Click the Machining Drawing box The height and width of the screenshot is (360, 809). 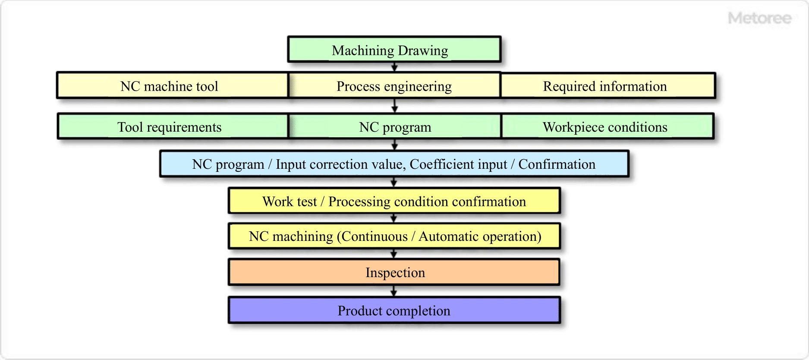click(x=394, y=50)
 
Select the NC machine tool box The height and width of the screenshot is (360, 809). click(x=172, y=86)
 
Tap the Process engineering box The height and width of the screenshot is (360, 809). click(x=394, y=86)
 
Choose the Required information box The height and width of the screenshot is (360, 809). click(x=608, y=86)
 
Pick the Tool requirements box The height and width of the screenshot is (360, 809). click(x=172, y=126)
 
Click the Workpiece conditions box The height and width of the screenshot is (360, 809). click(x=608, y=126)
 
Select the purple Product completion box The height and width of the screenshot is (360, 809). click(x=394, y=310)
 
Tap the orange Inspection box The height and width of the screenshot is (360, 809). click(x=394, y=272)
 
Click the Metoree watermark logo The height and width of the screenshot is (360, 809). click(x=759, y=18)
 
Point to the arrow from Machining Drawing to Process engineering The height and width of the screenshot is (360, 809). click(x=394, y=67)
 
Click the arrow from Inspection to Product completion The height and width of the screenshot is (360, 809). click(x=393, y=291)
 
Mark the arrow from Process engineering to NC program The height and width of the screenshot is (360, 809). click(x=394, y=106)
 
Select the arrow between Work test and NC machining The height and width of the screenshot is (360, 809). click(x=393, y=218)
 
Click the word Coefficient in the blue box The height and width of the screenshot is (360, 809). click(x=458, y=164)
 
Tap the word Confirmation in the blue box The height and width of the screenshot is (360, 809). click(x=557, y=164)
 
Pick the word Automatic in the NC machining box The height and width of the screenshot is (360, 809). click(x=448, y=237)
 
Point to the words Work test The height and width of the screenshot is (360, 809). click(x=290, y=202)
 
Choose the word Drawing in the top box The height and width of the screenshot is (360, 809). click(x=423, y=51)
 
